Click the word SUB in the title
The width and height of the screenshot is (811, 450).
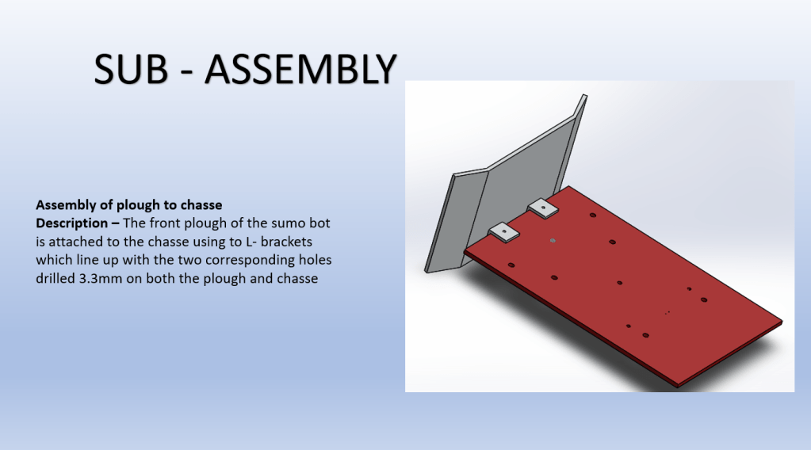pyautogui.click(x=131, y=69)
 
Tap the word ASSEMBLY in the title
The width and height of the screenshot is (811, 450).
pyautogui.click(x=300, y=69)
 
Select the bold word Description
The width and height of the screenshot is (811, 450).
pyautogui.click(x=72, y=223)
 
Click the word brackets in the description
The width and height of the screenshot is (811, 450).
pyautogui.click(x=286, y=242)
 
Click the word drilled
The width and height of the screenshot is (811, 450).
pyautogui.click(x=55, y=278)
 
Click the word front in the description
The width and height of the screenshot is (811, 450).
pyautogui.click(x=165, y=223)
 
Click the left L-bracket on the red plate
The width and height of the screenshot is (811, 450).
pyautogui.click(x=503, y=232)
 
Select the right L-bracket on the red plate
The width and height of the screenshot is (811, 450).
pyautogui.click(x=543, y=208)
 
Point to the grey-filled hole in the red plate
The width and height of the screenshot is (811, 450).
pyautogui.click(x=553, y=241)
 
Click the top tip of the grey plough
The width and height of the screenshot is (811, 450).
pyautogui.click(x=584, y=96)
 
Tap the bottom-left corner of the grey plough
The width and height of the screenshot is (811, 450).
pyautogui.click(x=426, y=271)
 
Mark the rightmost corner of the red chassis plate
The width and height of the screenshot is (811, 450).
pyautogui.click(x=782, y=322)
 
